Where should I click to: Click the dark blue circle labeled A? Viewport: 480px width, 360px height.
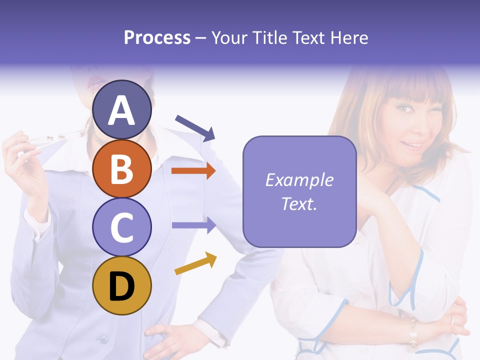[x=121, y=109]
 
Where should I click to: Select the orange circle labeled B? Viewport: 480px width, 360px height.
[x=121, y=168]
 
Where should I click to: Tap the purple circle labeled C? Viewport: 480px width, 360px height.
[x=121, y=227]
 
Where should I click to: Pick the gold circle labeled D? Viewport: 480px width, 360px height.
[x=121, y=285]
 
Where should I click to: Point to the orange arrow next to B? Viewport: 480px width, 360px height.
[x=193, y=171]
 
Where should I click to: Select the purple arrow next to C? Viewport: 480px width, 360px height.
[x=193, y=225]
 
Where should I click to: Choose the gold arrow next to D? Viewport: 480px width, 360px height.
[x=195, y=264]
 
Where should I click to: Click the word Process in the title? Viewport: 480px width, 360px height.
[x=157, y=37]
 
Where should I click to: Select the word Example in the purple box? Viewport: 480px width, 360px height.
[x=299, y=180]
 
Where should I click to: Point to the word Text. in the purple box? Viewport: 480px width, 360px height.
[x=299, y=203]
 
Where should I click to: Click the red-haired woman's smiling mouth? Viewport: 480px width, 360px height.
[x=413, y=144]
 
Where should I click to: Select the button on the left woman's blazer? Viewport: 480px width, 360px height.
[x=103, y=339]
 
